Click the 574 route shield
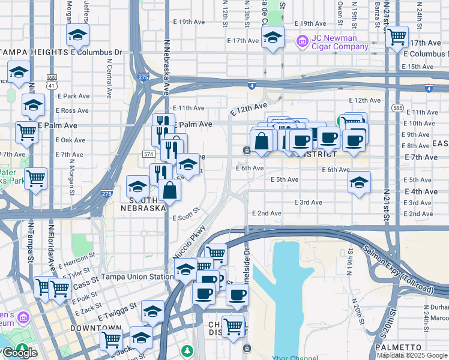(x=149, y=154)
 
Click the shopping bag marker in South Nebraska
(x=170, y=190)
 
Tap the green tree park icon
(x=188, y=350)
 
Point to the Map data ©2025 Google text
(x=412, y=355)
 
